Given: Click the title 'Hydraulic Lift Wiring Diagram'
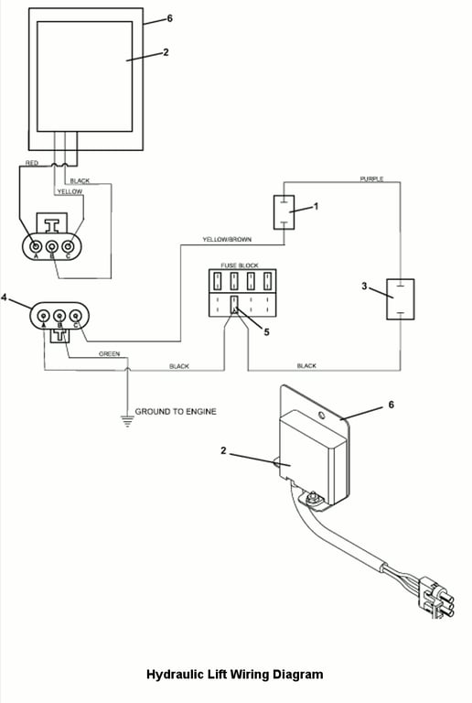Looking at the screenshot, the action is (235, 675).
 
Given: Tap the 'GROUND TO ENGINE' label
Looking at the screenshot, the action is (176, 412).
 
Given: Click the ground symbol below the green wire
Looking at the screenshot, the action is (128, 421).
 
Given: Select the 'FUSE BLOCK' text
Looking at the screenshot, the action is (240, 265).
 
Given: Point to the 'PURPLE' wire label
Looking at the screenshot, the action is (371, 178).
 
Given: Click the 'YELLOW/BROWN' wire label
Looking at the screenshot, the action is (227, 240).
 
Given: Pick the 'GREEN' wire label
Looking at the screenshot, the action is (109, 353).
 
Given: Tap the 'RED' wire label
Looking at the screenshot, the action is (32, 163).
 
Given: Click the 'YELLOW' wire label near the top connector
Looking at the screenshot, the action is (70, 191).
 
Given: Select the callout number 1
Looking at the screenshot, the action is (316, 207).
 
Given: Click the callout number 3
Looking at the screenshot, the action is (364, 286).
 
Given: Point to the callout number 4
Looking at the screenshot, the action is (5, 297).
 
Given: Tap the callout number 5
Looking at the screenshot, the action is (266, 332).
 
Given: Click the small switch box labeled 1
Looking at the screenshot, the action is (284, 212).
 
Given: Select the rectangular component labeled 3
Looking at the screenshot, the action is (401, 299).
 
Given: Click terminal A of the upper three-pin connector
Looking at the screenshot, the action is (36, 246).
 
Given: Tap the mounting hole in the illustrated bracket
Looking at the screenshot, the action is (321, 416).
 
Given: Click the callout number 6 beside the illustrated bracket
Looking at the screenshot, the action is (391, 405).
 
